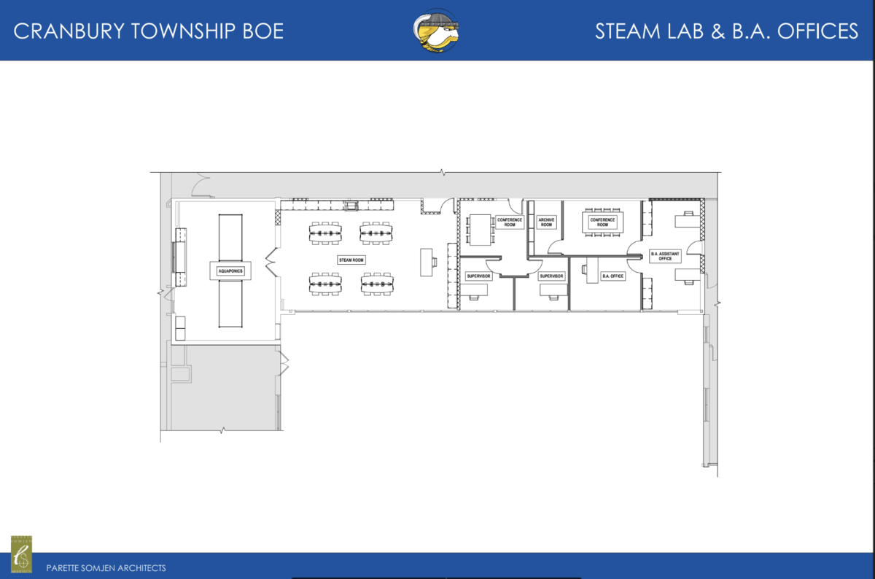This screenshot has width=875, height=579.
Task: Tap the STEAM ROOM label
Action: point(351,260)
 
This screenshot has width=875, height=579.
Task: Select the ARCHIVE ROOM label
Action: point(546,222)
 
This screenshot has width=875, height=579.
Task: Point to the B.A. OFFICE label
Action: point(612,276)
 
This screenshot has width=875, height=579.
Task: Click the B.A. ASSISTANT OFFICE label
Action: point(665,256)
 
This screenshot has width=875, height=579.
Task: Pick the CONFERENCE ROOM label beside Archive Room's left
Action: point(510,222)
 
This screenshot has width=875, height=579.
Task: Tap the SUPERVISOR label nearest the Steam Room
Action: point(478,276)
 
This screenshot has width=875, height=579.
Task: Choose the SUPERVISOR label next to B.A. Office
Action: point(552,276)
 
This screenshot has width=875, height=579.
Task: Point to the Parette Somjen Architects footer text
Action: point(106,567)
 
